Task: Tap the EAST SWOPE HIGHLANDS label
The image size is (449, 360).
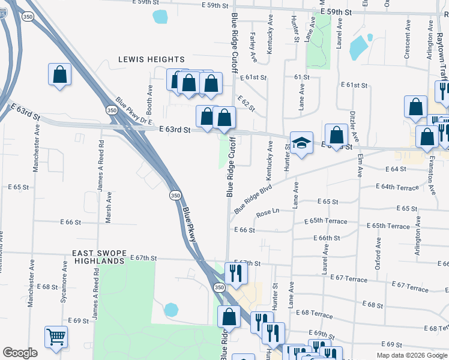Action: tap(98, 257)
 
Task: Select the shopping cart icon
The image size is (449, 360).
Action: tap(56, 337)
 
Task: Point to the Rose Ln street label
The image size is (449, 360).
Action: tap(268, 212)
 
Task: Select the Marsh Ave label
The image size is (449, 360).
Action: tap(109, 208)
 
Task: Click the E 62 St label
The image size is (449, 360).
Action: tap(246, 103)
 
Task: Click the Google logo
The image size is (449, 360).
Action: tap(20, 353)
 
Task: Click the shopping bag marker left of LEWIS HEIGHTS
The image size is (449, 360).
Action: tap(60, 75)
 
